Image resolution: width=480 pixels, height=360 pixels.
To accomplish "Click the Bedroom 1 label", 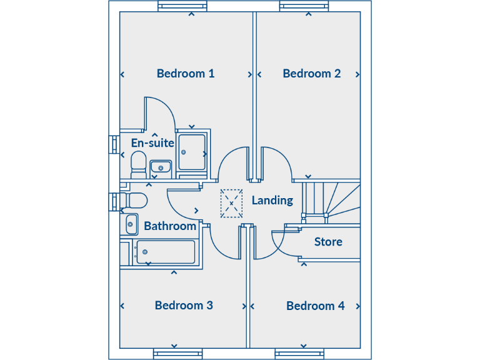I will click(x=186, y=74).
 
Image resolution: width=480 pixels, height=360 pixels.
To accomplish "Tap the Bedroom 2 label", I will click(x=311, y=74).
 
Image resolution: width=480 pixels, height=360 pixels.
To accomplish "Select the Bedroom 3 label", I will click(x=184, y=305).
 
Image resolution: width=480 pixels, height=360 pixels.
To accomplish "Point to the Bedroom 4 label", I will click(x=315, y=306).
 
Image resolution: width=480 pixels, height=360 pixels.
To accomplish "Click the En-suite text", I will click(x=152, y=143).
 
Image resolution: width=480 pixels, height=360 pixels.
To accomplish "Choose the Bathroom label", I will click(x=170, y=226).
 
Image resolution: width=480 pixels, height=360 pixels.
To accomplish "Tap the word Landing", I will click(x=272, y=201).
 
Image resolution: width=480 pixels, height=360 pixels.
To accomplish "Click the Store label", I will click(x=328, y=242).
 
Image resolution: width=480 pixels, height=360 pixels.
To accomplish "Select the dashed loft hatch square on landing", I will click(x=231, y=203).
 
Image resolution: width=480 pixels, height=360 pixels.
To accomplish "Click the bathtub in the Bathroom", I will click(x=166, y=252).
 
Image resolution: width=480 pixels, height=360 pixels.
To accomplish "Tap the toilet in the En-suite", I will click(x=138, y=164).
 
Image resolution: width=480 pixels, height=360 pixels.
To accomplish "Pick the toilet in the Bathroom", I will click(x=134, y=201).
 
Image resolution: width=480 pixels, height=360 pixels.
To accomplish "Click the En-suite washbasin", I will click(x=161, y=167).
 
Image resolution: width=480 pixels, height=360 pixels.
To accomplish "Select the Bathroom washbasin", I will click(x=131, y=224).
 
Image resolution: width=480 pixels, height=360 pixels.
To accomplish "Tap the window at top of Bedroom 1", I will click(x=182, y=7).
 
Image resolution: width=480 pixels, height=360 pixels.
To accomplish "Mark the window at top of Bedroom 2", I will click(x=304, y=7).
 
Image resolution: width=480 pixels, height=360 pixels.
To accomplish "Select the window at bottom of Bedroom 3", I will click(x=177, y=354).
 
